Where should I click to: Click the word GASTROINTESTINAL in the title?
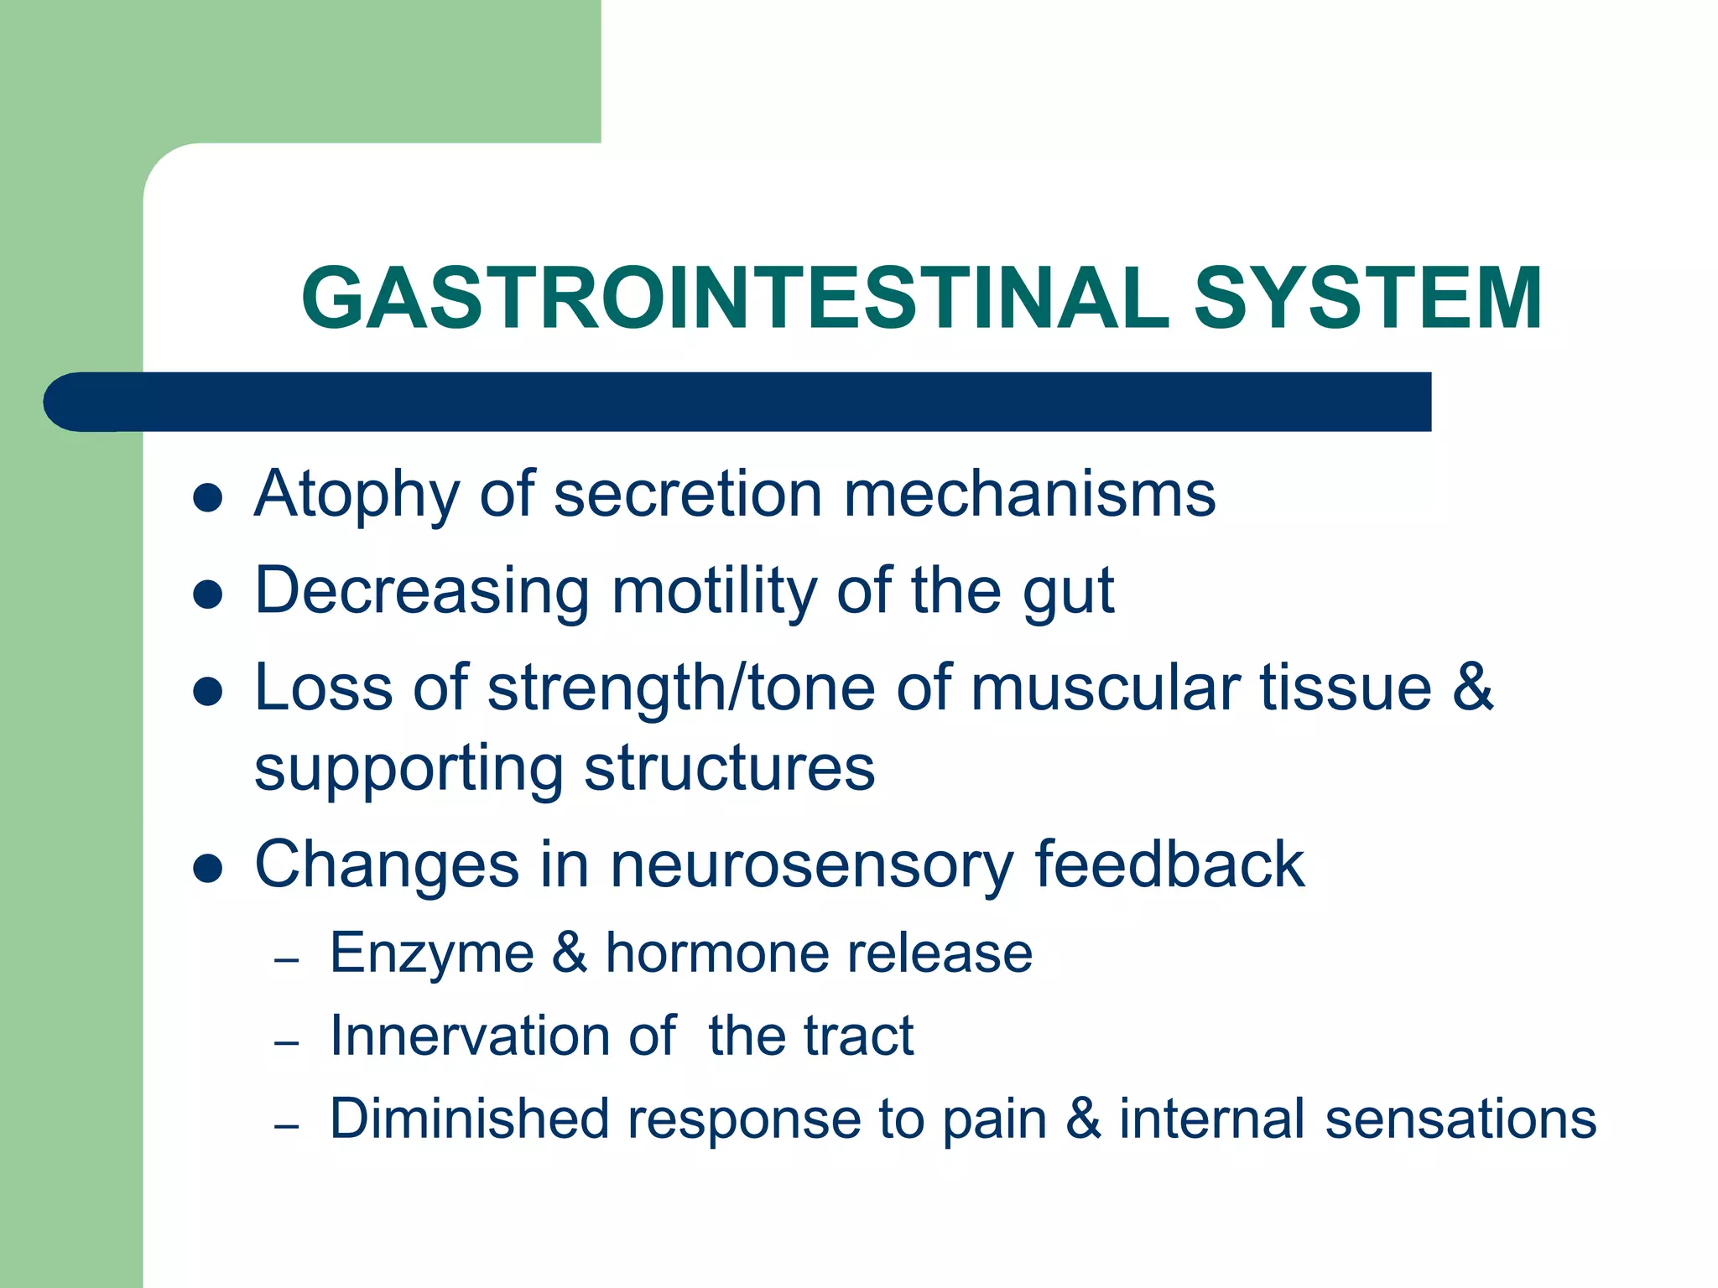[x=736, y=299]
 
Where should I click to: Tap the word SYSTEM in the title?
[x=1367, y=299]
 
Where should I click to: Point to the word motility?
[x=713, y=591]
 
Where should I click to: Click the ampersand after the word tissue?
[x=1473, y=688]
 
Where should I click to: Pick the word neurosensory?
[x=811, y=865]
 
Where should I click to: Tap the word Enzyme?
[x=432, y=954]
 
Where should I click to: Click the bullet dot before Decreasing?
[x=207, y=595]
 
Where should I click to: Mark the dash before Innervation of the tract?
[x=287, y=1043]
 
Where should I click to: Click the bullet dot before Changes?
[x=207, y=870]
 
